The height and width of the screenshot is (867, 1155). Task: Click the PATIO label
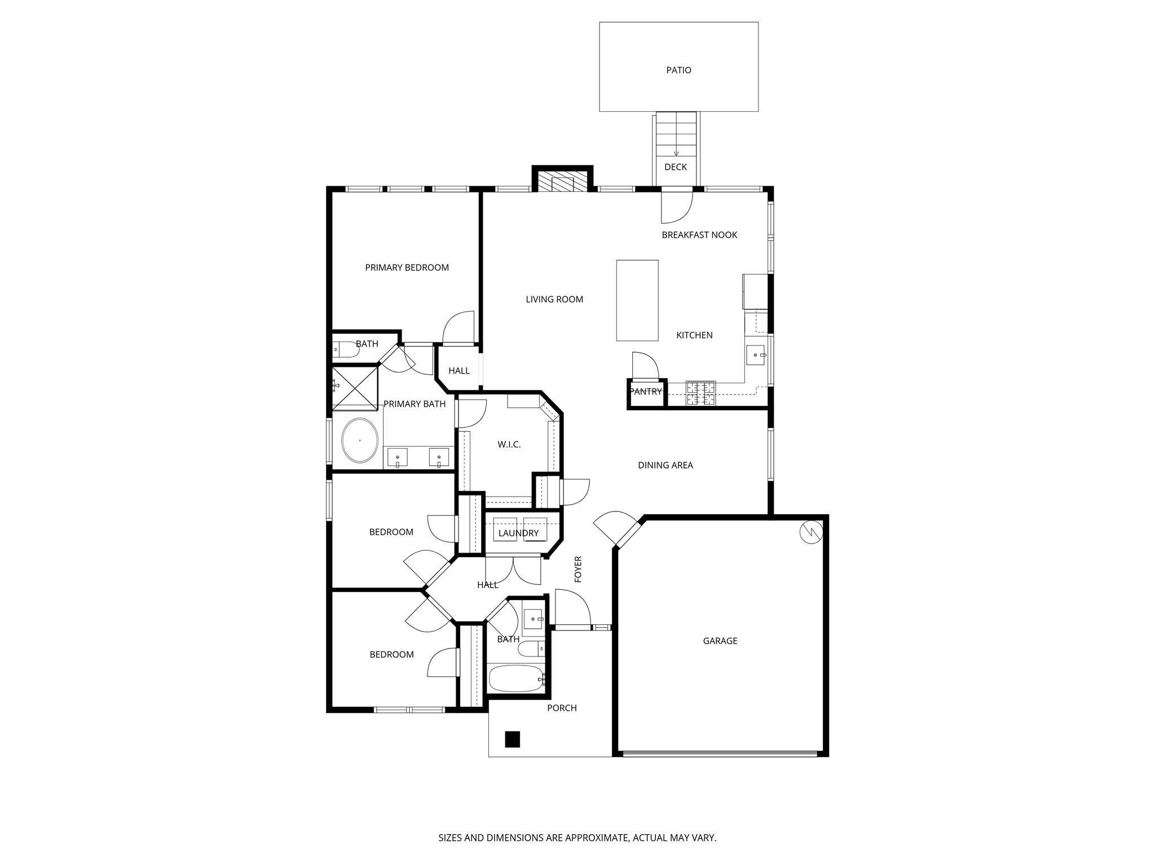678,70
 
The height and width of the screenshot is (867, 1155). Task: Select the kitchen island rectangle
637,300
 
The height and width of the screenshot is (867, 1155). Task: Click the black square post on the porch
512,739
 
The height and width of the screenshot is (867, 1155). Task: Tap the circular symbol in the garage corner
811,532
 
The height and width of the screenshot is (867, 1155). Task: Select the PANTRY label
645,392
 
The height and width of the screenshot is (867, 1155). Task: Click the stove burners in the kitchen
700,394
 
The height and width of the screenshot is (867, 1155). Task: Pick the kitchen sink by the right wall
756,356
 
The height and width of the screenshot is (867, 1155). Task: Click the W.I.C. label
509,445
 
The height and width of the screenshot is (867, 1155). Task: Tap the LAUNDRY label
518,533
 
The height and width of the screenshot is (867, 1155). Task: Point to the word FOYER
578,569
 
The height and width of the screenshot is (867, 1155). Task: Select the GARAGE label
720,641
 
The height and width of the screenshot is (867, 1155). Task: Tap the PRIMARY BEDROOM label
407,268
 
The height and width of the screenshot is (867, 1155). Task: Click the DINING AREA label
665,465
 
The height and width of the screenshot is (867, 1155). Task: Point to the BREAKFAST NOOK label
699,235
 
